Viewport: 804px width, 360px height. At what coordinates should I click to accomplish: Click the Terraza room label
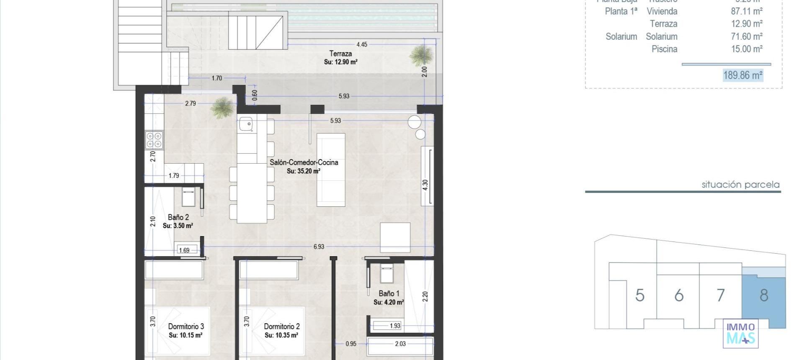point(340,54)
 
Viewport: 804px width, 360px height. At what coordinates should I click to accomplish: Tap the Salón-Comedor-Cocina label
point(304,162)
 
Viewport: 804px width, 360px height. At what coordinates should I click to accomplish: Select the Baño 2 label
point(178,217)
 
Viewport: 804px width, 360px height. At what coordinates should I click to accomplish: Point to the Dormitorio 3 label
point(186,327)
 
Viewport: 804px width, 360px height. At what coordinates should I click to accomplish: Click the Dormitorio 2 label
point(281,327)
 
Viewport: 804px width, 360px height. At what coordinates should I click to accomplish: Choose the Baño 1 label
point(389,293)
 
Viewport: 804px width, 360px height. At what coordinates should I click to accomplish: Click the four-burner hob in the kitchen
point(154,140)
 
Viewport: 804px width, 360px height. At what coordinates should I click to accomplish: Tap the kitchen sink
point(246,124)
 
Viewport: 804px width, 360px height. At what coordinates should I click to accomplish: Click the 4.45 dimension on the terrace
point(362,44)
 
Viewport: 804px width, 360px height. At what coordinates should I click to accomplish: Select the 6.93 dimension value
point(319,247)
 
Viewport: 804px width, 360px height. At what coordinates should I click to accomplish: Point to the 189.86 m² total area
point(742,75)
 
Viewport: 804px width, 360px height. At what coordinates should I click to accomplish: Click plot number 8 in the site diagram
point(764,296)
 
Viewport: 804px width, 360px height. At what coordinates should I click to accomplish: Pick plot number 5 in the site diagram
point(639,296)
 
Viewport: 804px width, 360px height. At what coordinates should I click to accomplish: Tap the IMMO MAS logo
point(740,333)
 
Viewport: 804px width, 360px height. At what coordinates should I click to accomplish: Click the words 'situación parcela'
point(740,185)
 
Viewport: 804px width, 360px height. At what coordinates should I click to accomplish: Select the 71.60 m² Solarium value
point(746,36)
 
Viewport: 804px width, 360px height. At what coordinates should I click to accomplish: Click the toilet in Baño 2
point(188,197)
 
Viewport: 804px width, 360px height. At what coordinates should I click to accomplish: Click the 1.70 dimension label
point(216,78)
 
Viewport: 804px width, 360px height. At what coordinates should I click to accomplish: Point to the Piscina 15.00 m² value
point(746,49)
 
